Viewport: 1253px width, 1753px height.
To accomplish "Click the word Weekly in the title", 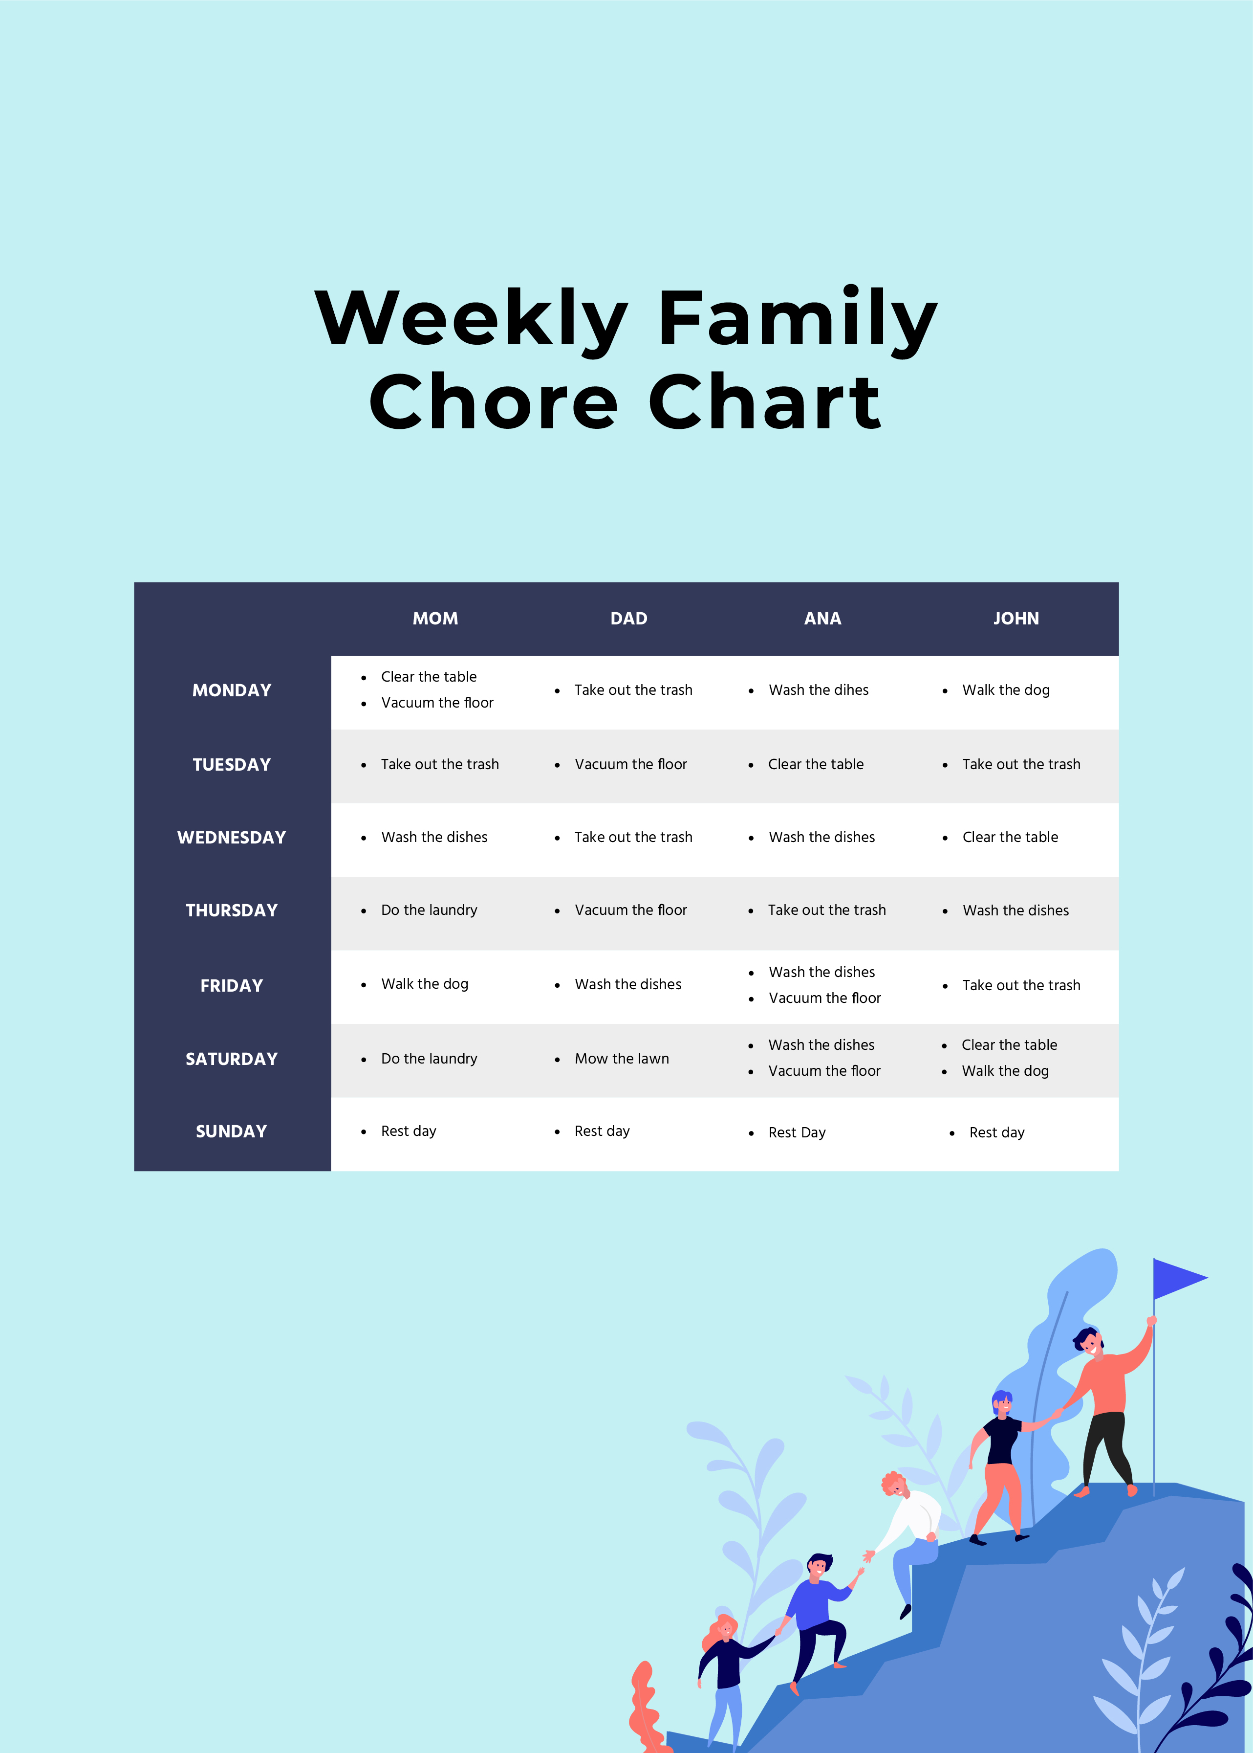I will coord(472,318).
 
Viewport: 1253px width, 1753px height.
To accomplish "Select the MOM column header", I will coord(435,618).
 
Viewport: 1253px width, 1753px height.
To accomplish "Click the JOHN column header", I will coord(1015,618).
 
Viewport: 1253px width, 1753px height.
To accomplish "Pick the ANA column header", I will coord(822,618).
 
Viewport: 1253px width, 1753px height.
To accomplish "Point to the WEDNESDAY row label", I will coord(232,838).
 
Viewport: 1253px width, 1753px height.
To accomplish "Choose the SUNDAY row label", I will coord(232,1132).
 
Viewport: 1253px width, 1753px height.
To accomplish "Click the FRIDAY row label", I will coord(232,986).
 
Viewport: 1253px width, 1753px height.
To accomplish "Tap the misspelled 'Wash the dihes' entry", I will coord(818,690).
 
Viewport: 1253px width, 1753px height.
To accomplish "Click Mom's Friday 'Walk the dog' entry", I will coord(424,984).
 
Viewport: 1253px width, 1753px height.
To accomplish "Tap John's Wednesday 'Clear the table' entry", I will coord(1010,838).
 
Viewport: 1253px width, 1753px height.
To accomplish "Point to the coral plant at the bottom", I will coord(644,1710).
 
